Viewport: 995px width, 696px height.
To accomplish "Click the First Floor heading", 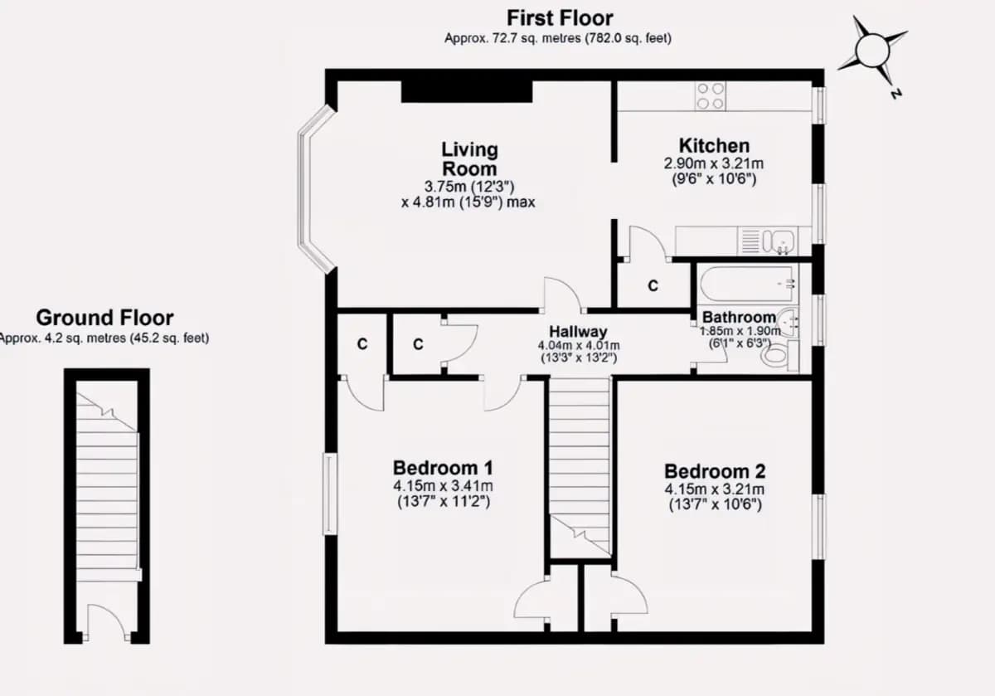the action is click(x=560, y=19).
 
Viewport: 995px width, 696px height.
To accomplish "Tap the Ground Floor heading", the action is click(x=104, y=318).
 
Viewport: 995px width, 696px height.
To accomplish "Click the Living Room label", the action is click(x=469, y=159).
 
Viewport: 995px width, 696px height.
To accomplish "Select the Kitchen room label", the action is click(x=714, y=146).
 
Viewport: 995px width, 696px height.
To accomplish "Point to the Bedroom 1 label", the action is click(x=443, y=468).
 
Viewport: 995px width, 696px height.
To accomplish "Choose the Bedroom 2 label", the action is click(x=715, y=471).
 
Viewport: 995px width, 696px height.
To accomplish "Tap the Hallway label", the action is click(x=578, y=332).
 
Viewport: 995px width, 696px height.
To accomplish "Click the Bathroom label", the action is click(x=739, y=318).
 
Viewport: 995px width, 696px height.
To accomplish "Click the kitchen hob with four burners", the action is click(x=711, y=96).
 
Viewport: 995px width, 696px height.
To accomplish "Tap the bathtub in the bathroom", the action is click(x=748, y=284).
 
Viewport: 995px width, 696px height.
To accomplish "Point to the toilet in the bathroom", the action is click(x=779, y=356).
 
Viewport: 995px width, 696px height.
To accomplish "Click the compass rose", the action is click(x=872, y=51).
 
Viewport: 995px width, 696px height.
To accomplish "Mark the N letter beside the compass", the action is click(x=895, y=95).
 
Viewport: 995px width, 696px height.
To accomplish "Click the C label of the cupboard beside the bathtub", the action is click(x=653, y=285).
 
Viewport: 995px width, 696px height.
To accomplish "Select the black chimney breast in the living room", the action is click(x=467, y=91).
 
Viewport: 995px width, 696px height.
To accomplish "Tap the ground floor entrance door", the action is click(x=107, y=622).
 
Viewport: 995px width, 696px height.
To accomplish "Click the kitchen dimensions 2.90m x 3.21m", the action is click(x=714, y=164).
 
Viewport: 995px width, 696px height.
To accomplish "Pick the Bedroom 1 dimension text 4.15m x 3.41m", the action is click(x=443, y=486).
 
